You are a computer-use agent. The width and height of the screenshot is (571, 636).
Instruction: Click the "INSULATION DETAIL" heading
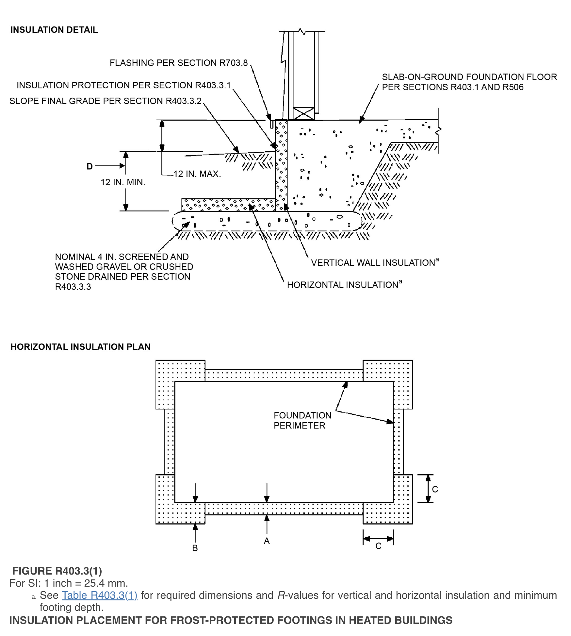(54, 30)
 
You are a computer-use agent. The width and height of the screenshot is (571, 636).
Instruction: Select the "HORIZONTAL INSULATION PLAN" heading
(80, 347)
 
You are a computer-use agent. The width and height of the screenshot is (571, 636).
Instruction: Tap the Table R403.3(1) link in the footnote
(100, 595)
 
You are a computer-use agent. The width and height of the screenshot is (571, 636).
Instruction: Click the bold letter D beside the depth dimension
(90, 166)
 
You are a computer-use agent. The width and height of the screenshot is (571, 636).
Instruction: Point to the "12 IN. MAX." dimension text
(197, 174)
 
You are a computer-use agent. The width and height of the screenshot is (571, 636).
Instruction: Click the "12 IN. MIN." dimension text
(123, 182)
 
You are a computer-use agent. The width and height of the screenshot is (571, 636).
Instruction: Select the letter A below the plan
(267, 541)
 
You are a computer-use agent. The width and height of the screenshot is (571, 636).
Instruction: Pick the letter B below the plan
(195, 548)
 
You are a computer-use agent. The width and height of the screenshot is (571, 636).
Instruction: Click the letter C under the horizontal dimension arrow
(378, 546)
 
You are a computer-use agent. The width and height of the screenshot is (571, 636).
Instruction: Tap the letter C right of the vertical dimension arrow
(435, 489)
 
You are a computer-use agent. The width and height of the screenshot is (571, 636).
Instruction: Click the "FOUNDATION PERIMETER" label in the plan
(302, 420)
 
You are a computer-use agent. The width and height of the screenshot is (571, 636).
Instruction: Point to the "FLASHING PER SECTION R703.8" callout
(179, 63)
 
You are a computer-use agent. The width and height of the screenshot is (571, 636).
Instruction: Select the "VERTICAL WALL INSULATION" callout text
(373, 263)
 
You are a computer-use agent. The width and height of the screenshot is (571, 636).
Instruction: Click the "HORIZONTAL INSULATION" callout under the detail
(342, 285)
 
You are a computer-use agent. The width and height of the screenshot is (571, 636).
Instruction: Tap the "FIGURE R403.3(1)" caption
(57, 571)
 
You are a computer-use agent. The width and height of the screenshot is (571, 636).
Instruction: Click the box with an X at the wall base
(303, 114)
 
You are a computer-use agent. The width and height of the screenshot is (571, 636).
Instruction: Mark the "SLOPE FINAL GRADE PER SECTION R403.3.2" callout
(106, 101)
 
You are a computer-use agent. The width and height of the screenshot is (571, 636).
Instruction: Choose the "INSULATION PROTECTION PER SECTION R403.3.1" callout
(124, 85)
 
